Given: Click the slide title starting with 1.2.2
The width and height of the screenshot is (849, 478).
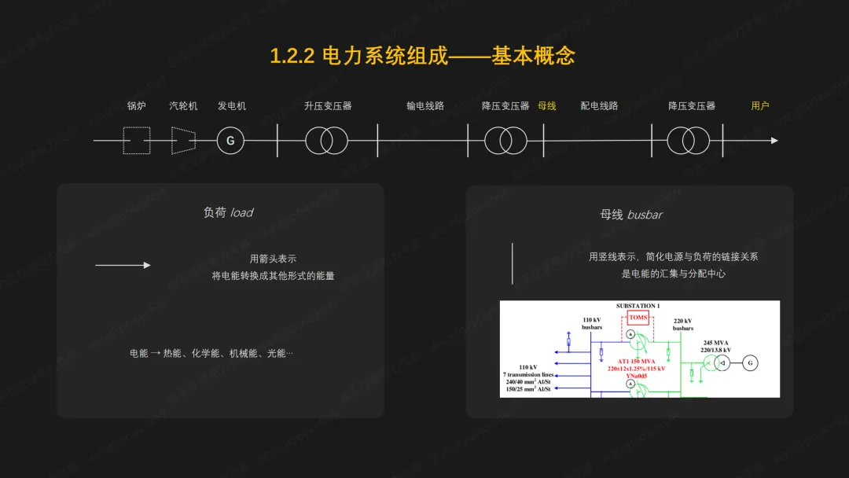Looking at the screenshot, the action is pyautogui.click(x=423, y=56).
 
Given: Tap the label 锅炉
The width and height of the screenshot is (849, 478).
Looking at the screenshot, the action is pyautogui.click(x=137, y=105).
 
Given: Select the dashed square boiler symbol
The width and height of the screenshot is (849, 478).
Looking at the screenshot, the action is pyautogui.click(x=137, y=141).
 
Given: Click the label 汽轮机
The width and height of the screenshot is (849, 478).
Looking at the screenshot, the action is pyautogui.click(x=183, y=105).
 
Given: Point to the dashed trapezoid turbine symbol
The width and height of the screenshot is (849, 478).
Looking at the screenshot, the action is pyautogui.click(x=183, y=141).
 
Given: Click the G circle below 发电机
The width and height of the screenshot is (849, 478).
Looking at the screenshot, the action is pyautogui.click(x=230, y=141).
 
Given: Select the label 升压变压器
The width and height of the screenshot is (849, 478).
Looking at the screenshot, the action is pyautogui.click(x=328, y=105).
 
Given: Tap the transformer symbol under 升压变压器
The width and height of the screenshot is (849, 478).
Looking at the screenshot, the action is pyautogui.click(x=326, y=141).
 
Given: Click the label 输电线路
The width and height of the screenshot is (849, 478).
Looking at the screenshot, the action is pyautogui.click(x=425, y=105).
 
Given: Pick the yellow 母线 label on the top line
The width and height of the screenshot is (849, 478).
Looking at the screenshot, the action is pyautogui.click(x=547, y=105).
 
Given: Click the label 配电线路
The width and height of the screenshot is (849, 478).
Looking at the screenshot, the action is pyautogui.click(x=600, y=105).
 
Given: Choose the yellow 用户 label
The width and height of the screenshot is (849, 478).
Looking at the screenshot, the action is pyautogui.click(x=760, y=105).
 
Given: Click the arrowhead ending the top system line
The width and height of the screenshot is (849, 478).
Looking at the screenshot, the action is pyautogui.click(x=774, y=141).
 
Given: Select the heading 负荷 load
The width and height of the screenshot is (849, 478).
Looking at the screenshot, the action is pyautogui.click(x=228, y=212).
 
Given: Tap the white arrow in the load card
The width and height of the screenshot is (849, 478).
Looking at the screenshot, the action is pyautogui.click(x=123, y=265).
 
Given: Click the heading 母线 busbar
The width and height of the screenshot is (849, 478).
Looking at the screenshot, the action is pyautogui.click(x=632, y=214).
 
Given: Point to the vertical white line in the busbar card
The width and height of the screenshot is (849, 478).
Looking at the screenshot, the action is pyautogui.click(x=513, y=263).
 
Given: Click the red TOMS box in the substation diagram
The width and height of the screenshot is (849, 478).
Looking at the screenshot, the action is pyautogui.click(x=638, y=318).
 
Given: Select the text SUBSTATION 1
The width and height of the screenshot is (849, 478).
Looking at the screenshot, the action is pyautogui.click(x=638, y=306).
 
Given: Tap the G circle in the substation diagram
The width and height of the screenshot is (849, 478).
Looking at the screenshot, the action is pyautogui.click(x=750, y=362).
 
